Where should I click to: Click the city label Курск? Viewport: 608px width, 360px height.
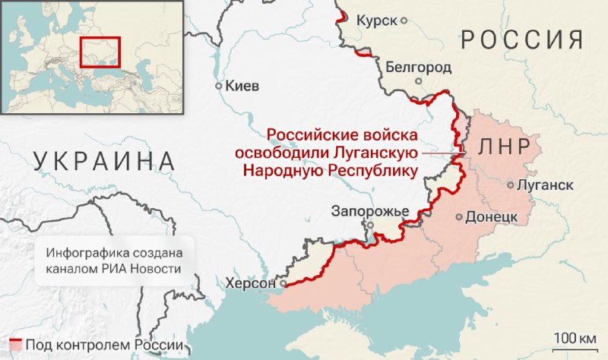tap(377, 20)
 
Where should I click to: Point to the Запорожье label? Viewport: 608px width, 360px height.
tap(371, 211)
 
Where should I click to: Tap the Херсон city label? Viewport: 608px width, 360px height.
tap(249, 283)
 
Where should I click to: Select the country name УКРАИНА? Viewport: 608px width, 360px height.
tap(105, 161)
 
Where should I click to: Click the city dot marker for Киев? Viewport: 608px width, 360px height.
tap(219, 86)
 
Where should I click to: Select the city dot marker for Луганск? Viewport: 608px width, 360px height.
tap(511, 185)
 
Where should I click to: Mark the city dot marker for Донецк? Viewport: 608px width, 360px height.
tap(459, 216)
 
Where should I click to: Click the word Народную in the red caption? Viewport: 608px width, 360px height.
tap(282, 171)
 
